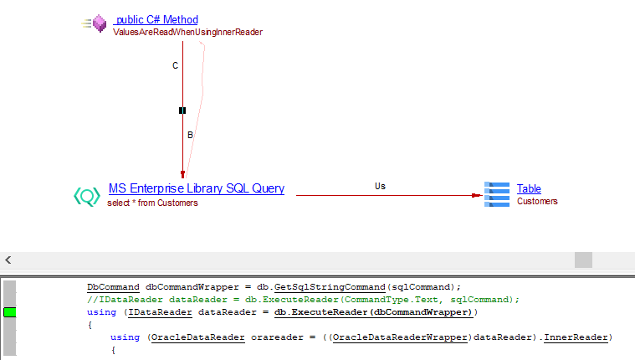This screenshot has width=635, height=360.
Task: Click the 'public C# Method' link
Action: [x=157, y=19]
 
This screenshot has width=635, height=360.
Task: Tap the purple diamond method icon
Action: [x=100, y=24]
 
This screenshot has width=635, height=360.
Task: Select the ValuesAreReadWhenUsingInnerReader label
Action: [x=187, y=33]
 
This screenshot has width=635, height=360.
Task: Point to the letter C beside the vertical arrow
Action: [x=175, y=66]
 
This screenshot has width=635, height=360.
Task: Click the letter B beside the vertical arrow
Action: [x=190, y=135]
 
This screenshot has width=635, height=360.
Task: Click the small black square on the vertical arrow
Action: [x=182, y=111]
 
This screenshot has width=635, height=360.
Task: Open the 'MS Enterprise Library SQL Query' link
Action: [x=196, y=189]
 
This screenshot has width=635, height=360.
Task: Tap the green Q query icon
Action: [x=87, y=196]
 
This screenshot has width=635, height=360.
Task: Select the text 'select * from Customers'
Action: [x=152, y=203]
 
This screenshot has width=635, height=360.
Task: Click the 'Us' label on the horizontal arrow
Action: [x=380, y=186]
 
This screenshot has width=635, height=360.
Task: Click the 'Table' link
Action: [x=529, y=189]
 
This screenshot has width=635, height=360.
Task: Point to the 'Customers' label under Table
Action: [x=537, y=201]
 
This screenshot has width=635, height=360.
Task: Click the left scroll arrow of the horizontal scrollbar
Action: [x=8, y=260]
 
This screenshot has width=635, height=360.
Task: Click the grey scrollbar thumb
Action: [x=582, y=260]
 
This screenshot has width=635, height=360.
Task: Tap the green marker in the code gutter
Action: [x=10, y=312]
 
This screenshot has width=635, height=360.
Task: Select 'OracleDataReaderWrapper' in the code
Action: [x=476, y=337]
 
